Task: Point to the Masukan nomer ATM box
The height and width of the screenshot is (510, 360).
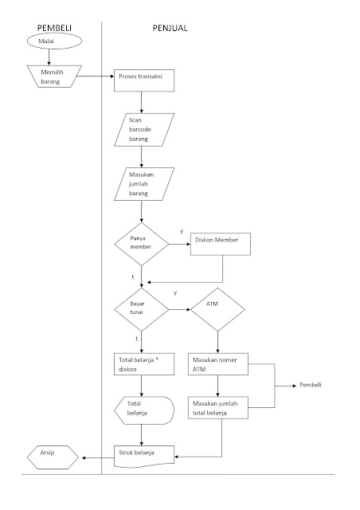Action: (217, 365)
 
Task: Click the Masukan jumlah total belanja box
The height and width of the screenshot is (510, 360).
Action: (217, 408)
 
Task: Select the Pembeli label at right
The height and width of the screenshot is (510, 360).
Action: (311, 386)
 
